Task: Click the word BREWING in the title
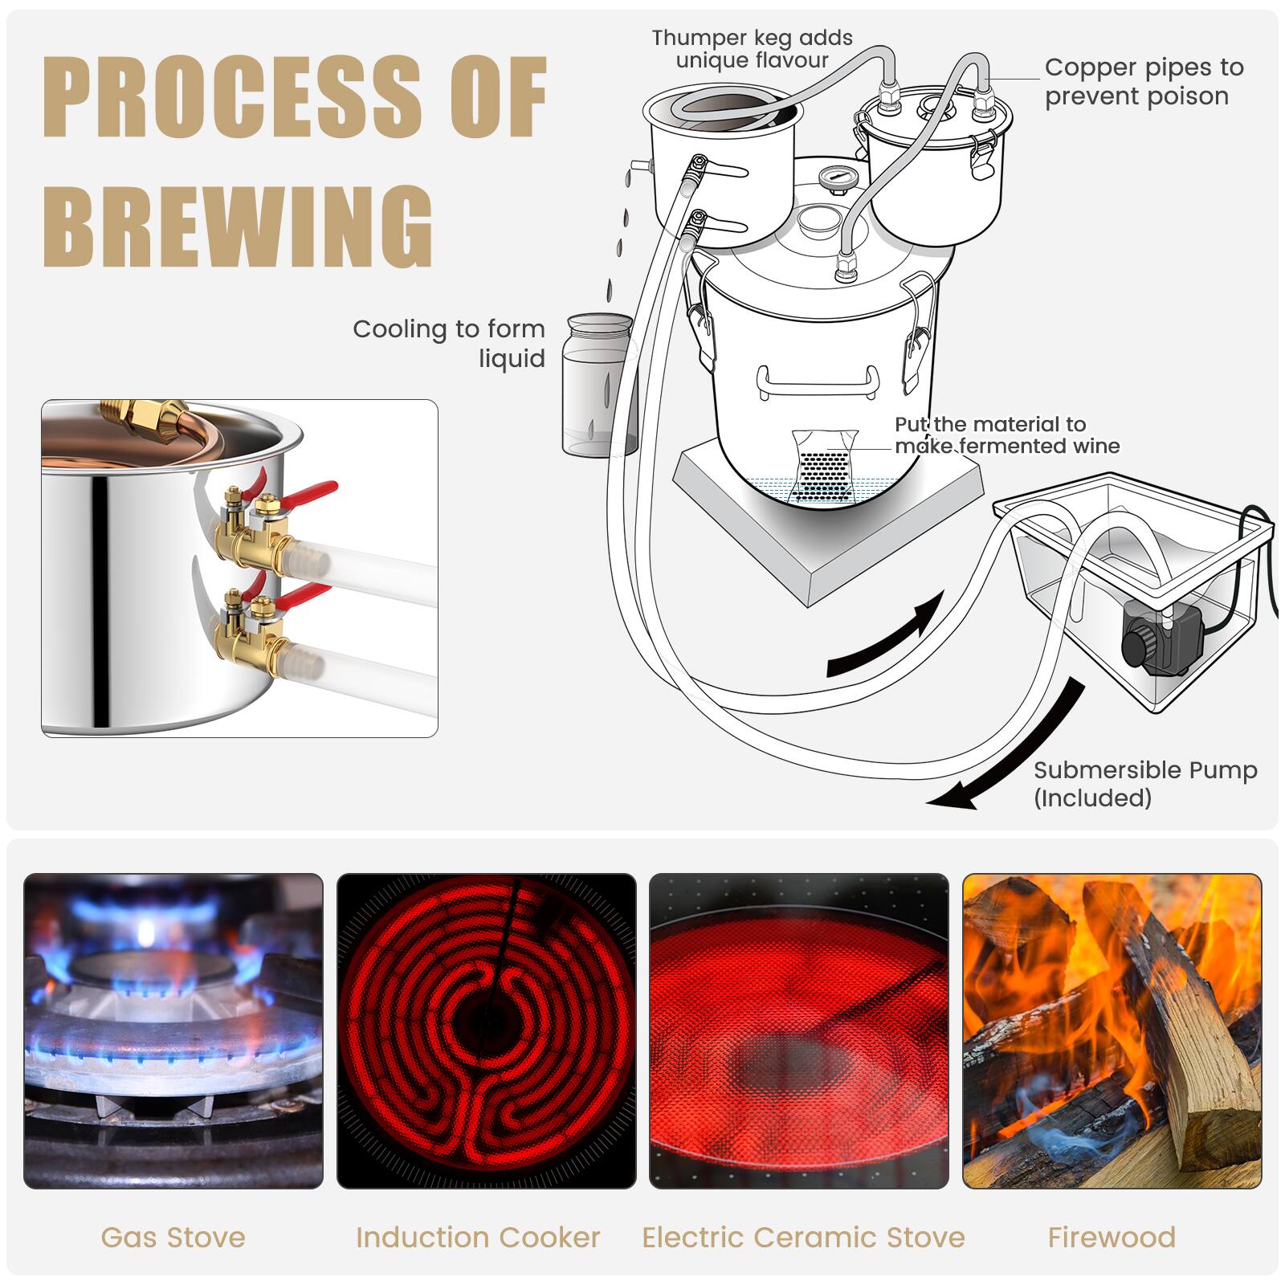point(238,227)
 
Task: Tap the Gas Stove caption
point(173,1238)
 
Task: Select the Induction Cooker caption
point(478,1238)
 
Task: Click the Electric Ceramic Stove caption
point(803,1238)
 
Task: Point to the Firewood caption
point(1112,1238)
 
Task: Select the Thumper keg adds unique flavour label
point(752,49)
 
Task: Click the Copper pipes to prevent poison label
point(1143,82)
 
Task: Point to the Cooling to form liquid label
point(450,343)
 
